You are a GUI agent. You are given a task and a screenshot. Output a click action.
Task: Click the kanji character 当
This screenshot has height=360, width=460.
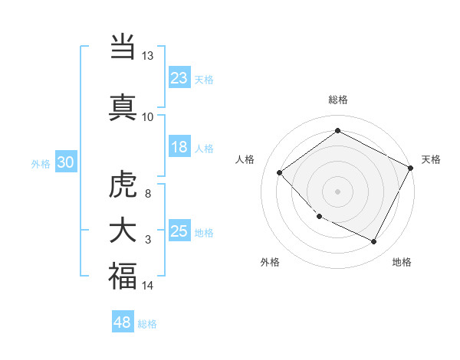click(x=123, y=48)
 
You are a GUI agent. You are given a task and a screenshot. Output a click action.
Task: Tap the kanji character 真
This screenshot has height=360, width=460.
click(x=123, y=106)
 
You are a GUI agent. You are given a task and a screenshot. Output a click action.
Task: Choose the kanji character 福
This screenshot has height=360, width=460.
click(x=123, y=275)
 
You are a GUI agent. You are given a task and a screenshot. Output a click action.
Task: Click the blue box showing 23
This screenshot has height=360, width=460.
click(x=179, y=78)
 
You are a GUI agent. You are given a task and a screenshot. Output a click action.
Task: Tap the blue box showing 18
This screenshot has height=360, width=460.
click(x=179, y=147)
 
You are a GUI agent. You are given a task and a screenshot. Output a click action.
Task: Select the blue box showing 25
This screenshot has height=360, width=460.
click(x=179, y=231)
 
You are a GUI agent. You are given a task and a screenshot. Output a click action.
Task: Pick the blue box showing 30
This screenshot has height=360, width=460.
click(x=65, y=162)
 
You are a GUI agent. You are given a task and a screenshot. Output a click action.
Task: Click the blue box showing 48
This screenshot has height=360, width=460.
click(x=123, y=322)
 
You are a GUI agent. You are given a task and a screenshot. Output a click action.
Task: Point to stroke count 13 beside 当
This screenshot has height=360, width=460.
click(x=147, y=56)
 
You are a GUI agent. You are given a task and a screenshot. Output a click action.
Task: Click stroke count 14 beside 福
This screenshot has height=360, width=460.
click(x=147, y=286)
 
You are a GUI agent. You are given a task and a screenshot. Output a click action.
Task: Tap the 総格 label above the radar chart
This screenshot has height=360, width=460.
click(x=337, y=100)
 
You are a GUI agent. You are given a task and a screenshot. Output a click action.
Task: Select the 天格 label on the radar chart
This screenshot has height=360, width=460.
click(x=431, y=159)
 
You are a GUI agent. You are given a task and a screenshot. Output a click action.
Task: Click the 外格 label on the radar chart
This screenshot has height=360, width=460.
click(x=270, y=262)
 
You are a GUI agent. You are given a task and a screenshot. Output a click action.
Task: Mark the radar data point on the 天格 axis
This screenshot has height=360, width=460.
click(x=412, y=168)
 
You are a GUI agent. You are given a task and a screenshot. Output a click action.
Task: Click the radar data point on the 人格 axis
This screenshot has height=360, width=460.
click(x=280, y=173)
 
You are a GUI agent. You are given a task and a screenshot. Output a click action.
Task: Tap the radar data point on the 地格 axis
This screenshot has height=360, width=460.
click(x=374, y=242)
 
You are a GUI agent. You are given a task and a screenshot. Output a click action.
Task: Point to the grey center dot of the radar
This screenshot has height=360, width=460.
click(x=337, y=191)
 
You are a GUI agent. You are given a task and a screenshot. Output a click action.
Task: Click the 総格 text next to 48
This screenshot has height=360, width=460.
click(x=147, y=324)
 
